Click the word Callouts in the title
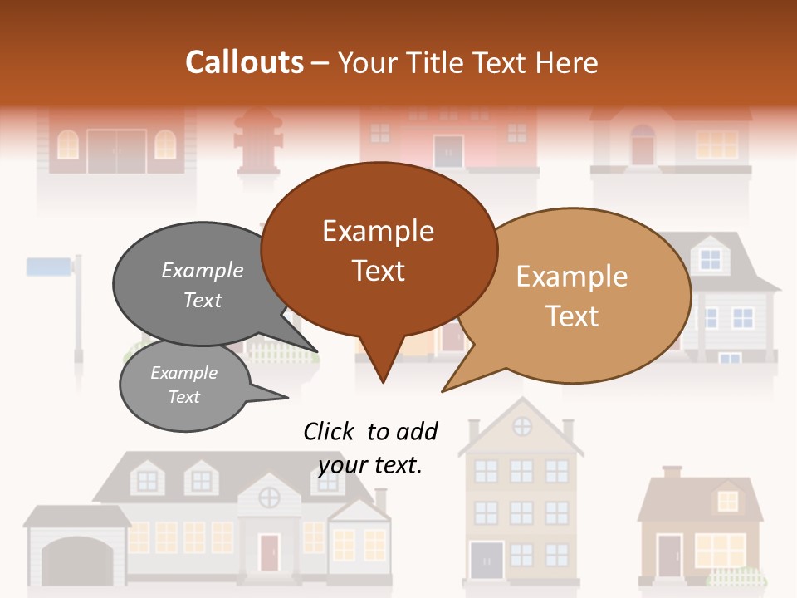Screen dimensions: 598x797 pyautogui.click(x=244, y=62)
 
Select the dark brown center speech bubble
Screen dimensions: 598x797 pyautogui.click(x=379, y=250)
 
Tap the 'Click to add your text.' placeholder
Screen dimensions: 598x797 pyautogui.click(x=370, y=448)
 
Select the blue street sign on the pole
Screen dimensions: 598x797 pyautogui.click(x=50, y=267)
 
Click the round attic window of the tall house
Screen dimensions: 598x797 pyautogui.click(x=522, y=427)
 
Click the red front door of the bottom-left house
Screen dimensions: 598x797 pyautogui.click(x=269, y=551)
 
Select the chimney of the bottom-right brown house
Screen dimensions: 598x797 pyautogui.click(x=672, y=472)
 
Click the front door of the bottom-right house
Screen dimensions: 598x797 pyautogui.click(x=668, y=555)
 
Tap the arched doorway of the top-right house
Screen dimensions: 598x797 pyautogui.click(x=643, y=146)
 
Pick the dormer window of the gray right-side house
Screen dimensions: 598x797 pyautogui.click(x=711, y=257)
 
